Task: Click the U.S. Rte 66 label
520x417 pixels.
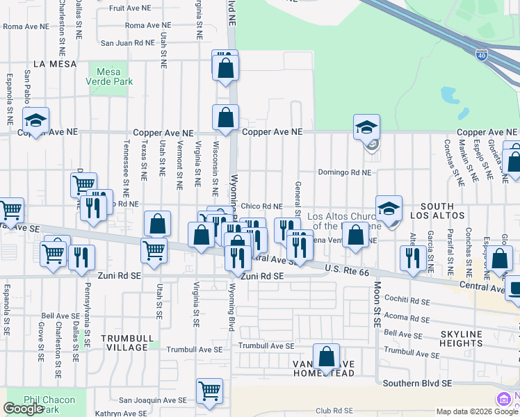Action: pyautogui.click(x=347, y=272)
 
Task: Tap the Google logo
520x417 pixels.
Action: pyautogui.click(x=23, y=409)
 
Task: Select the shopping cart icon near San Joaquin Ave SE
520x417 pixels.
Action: pyautogui.click(x=209, y=391)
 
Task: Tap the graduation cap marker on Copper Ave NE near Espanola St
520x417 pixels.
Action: pyautogui.click(x=35, y=120)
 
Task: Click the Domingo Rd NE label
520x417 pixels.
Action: pyautogui.click(x=345, y=172)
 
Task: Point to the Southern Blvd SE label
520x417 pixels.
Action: pyautogui.click(x=418, y=383)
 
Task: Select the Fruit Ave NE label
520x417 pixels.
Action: pyautogui.click(x=126, y=8)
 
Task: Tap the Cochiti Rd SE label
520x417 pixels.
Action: pyautogui.click(x=409, y=302)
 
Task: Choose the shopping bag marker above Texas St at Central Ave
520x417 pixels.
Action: pyautogui.click(x=158, y=224)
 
